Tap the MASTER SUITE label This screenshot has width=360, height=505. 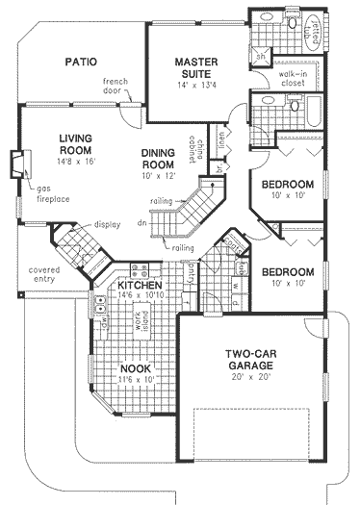pos(196,68)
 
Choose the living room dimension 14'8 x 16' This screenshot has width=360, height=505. pos(73,163)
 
